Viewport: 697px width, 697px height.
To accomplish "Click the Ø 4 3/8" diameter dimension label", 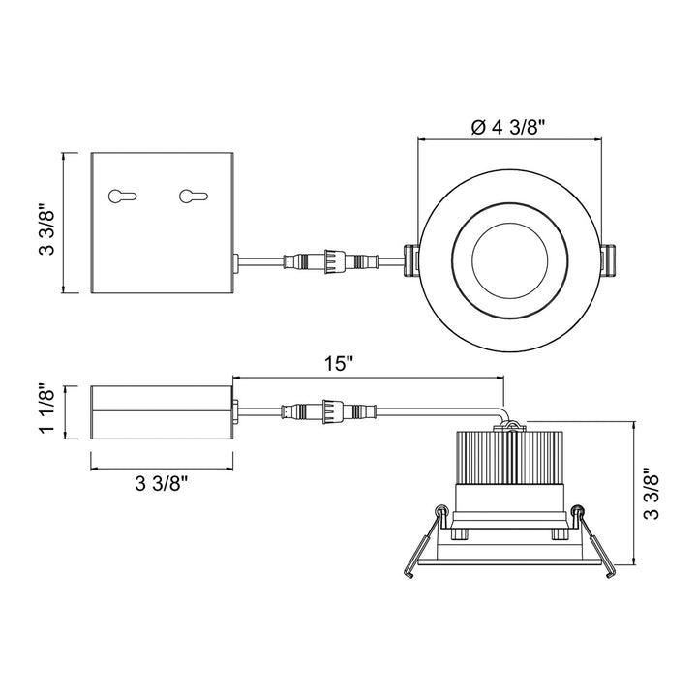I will [511, 127].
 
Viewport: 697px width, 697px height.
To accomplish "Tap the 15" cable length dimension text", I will [340, 365].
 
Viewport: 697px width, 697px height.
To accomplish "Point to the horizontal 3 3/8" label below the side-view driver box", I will [162, 485].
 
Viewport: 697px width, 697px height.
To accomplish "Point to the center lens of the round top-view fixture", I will [510, 259].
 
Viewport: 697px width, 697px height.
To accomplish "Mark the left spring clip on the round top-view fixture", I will [411, 259].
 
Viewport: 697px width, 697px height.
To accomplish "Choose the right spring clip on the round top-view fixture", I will [609, 260].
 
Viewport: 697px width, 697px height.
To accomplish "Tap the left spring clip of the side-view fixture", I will [426, 542].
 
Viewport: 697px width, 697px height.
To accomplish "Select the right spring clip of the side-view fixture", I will [592, 542].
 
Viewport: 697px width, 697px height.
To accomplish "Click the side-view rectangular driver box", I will [162, 413].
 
